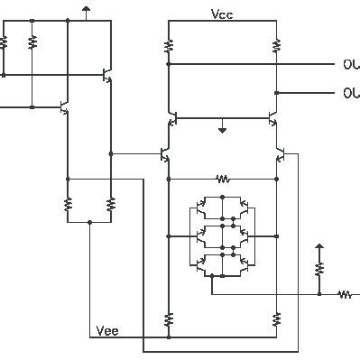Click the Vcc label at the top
click(x=222, y=15)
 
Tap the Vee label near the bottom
click(x=107, y=331)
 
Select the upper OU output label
click(x=351, y=64)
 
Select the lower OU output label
click(x=351, y=93)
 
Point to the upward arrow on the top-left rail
click(x=86, y=10)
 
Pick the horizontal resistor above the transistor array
click(x=222, y=179)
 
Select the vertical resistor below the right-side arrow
click(x=318, y=269)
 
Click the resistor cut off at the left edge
click(x=4, y=42)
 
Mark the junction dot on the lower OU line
click(x=276, y=93)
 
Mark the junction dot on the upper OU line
click(x=168, y=64)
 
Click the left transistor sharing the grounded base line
click(x=171, y=118)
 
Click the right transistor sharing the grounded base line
click(x=272, y=118)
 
